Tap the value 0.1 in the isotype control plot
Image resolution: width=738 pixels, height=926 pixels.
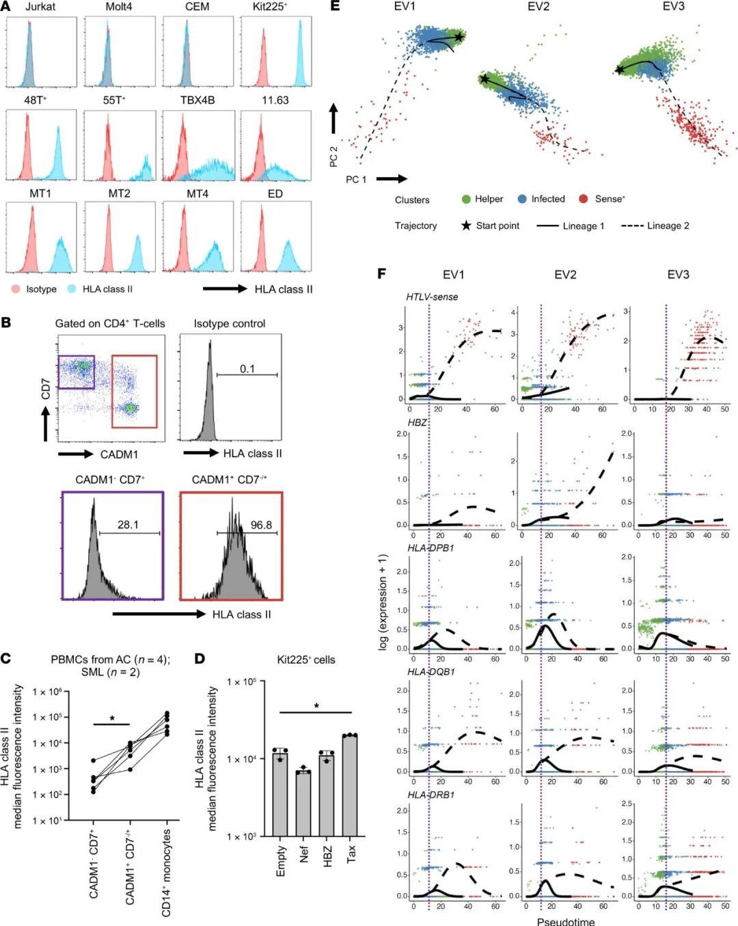[x=247, y=369]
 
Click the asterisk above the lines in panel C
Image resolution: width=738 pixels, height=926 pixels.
[x=112, y=720]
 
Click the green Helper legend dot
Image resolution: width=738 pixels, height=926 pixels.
[x=466, y=199]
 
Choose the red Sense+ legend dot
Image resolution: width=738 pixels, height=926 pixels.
[x=584, y=199]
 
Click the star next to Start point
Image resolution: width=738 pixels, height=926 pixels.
[x=467, y=226]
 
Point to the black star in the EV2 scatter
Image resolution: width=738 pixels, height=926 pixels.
[x=484, y=79]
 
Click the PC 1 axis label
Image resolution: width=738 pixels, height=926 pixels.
[x=356, y=179]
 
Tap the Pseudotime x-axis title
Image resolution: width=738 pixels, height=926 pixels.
[x=565, y=921]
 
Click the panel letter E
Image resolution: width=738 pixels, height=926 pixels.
[x=335, y=6]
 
